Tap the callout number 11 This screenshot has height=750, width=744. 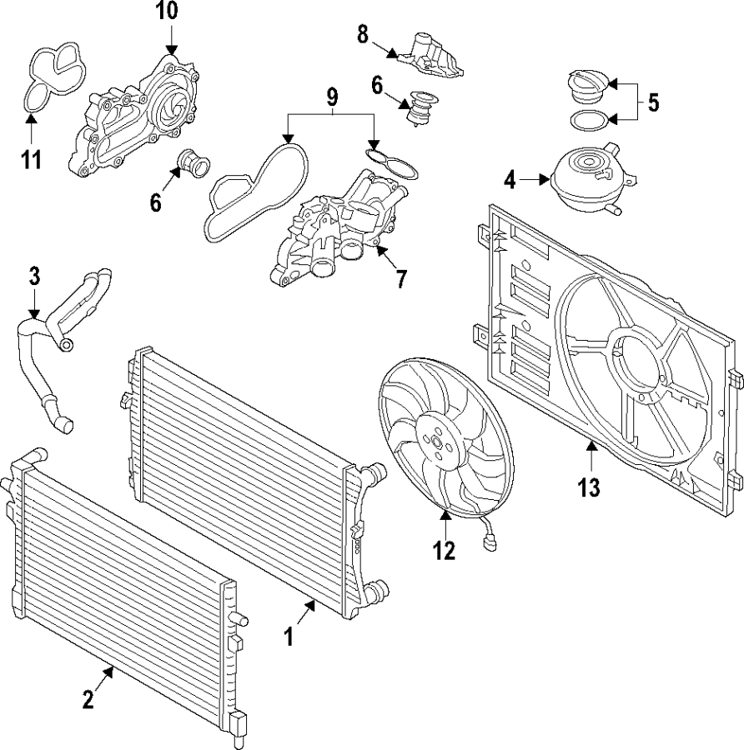click(31, 159)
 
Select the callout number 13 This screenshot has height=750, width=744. click(589, 487)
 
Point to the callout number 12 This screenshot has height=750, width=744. click(445, 551)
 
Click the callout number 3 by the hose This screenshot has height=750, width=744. click(33, 276)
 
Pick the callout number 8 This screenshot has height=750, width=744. click(362, 34)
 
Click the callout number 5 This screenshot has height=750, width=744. click(653, 102)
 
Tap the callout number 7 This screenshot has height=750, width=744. click(401, 277)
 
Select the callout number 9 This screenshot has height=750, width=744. click(332, 96)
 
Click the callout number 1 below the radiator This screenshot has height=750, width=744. click(289, 638)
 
